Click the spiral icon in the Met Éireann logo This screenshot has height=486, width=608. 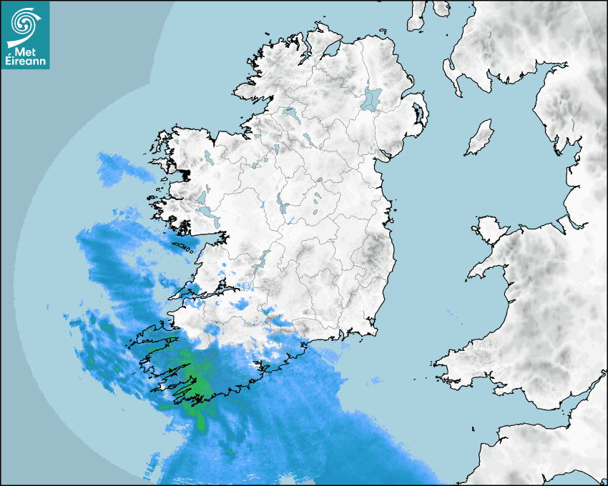(x=23, y=23)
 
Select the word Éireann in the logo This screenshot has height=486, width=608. (x=26, y=61)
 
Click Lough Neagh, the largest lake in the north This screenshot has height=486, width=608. (x=372, y=98)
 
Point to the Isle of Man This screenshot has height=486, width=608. (x=480, y=138)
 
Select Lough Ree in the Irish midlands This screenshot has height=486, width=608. (x=283, y=207)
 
